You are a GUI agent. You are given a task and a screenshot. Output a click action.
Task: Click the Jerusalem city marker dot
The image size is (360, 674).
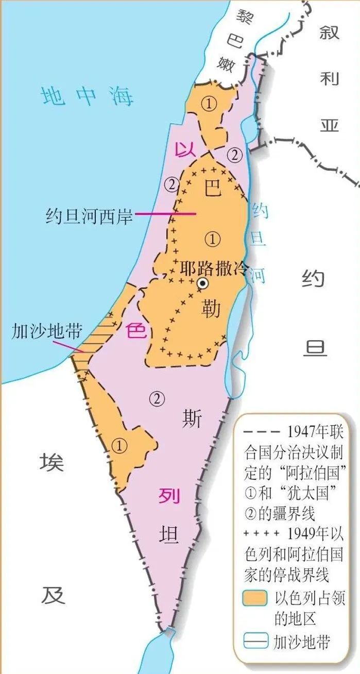pos(203,282)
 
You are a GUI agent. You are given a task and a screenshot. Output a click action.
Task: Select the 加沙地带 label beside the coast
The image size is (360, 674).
pos(47,331)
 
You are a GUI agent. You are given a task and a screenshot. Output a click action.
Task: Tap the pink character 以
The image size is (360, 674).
pos(185,150)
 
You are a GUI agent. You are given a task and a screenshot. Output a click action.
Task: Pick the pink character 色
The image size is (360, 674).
pos(137,330)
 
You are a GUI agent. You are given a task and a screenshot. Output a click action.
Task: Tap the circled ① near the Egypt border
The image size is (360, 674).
pos(119,446)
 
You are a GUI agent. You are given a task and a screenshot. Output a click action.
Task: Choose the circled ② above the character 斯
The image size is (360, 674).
pos(157,397)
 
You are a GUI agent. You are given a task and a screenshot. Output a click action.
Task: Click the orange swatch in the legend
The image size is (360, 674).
pos(254,598)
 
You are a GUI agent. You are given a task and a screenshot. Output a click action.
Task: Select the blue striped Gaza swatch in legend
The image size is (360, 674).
pos(254,642)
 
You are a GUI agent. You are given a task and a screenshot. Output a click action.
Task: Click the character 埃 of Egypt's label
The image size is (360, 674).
pos(52,463)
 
